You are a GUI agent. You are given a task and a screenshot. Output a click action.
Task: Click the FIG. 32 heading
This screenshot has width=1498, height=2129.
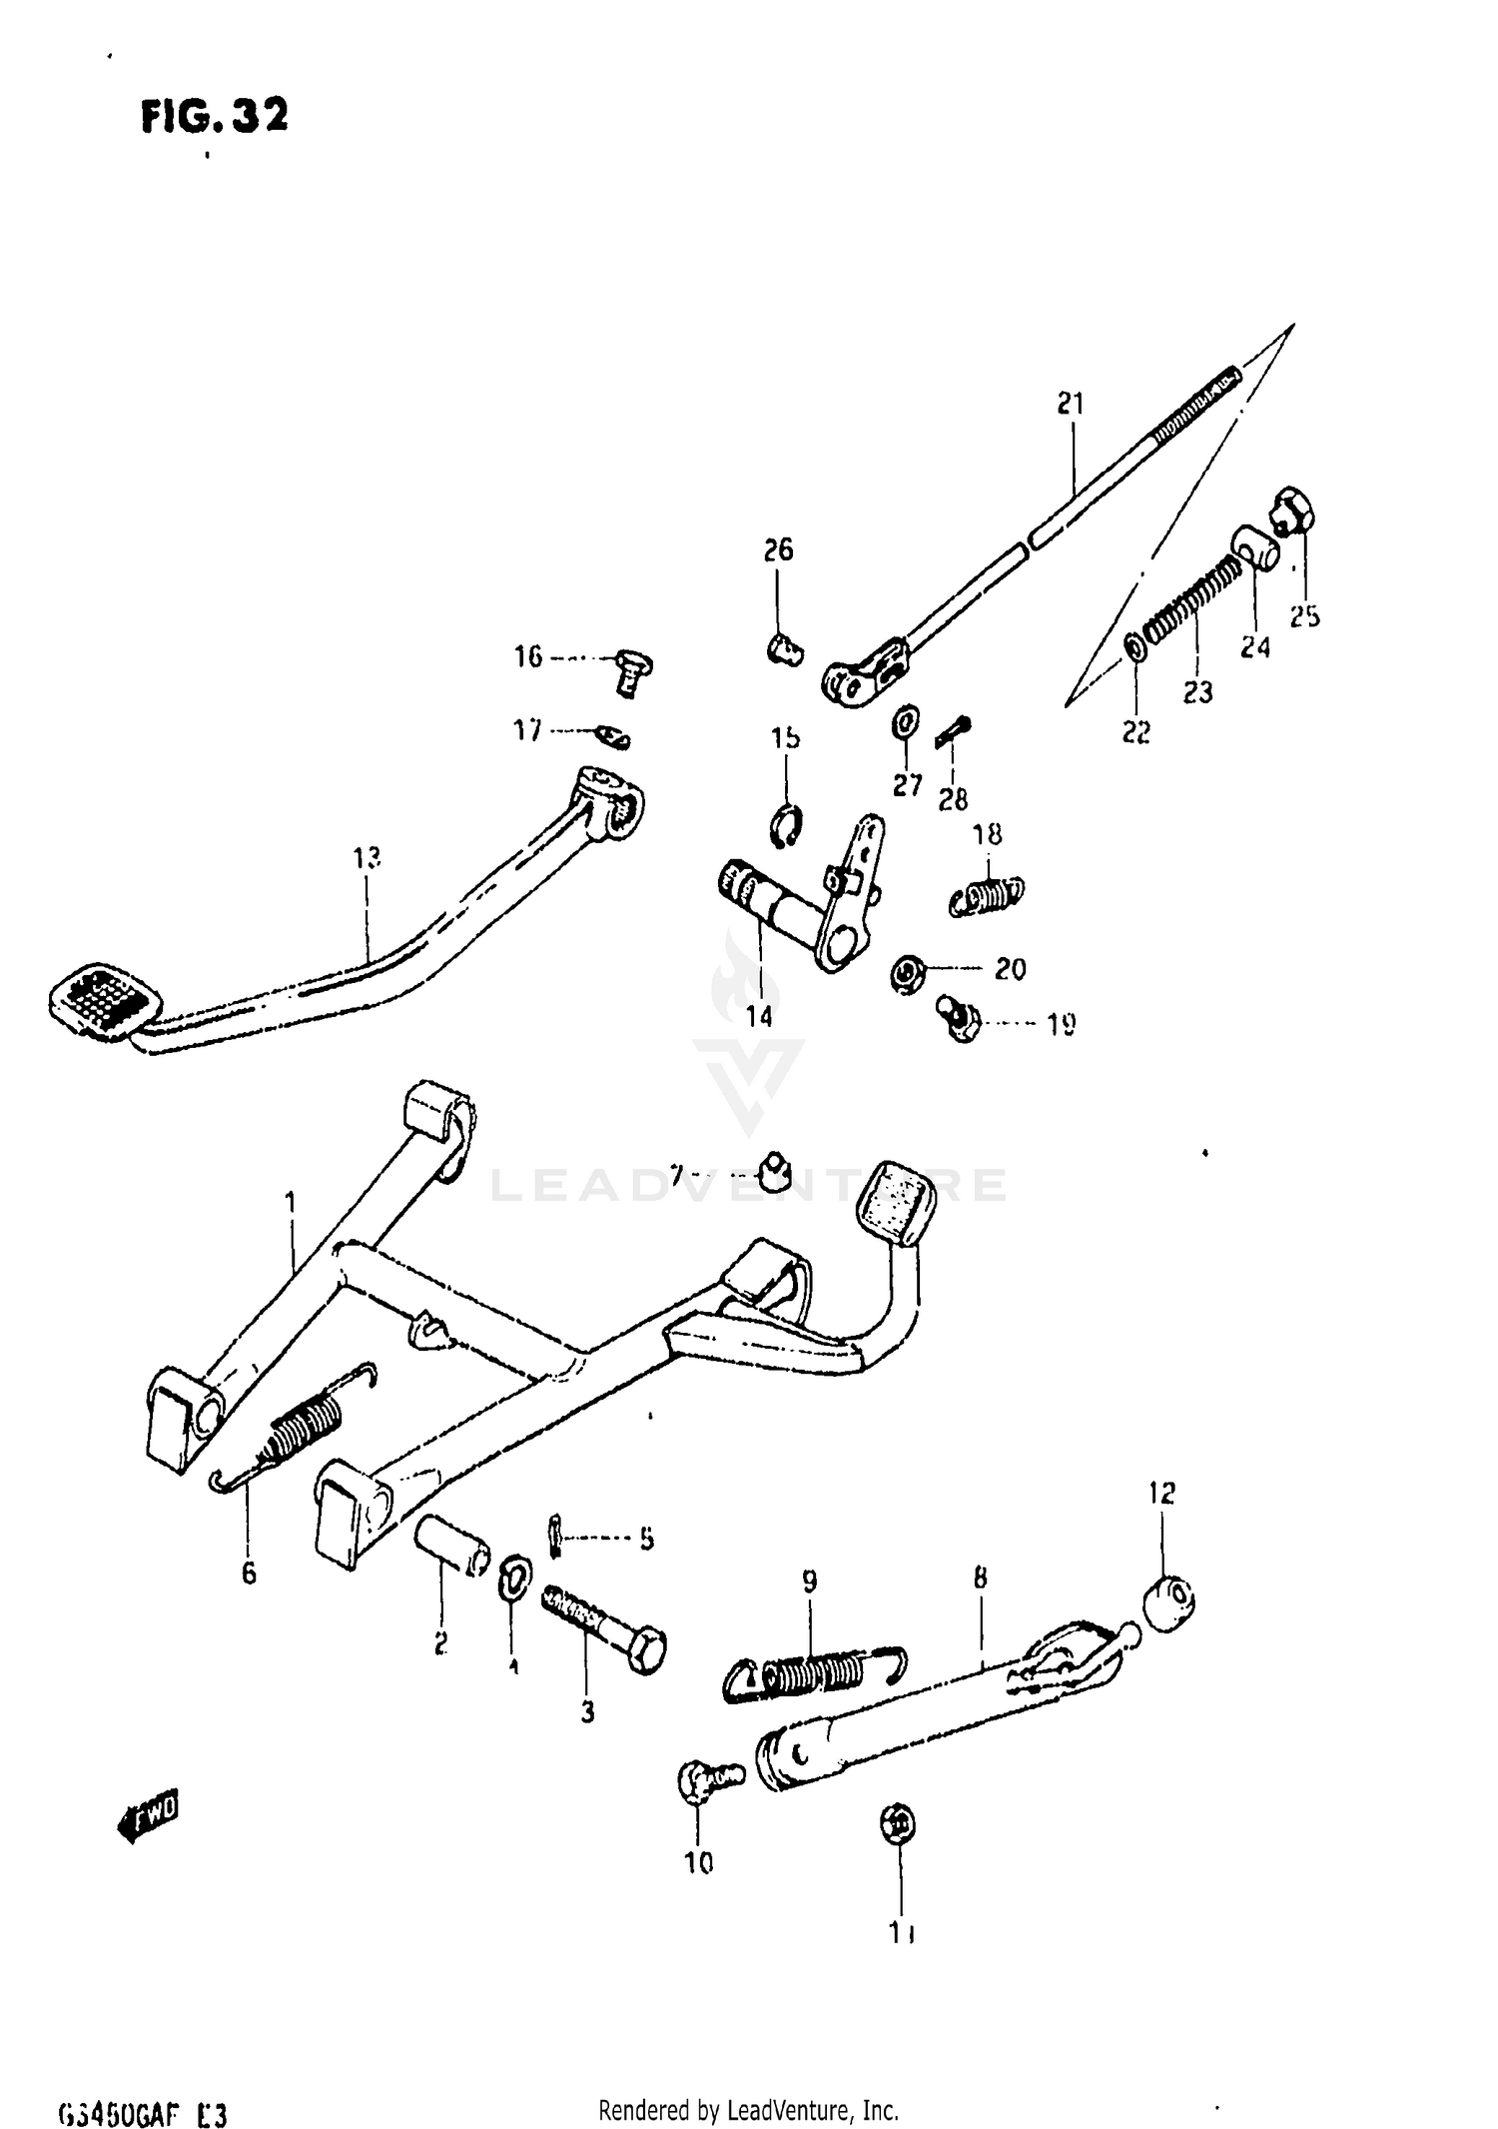(x=215, y=117)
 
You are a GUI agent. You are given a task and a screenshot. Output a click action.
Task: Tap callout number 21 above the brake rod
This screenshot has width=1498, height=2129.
(x=1070, y=404)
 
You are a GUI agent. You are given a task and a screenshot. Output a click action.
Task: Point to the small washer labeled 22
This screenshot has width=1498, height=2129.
(x=1136, y=647)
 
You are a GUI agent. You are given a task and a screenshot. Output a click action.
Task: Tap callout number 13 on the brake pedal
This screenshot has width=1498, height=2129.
(x=367, y=857)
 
